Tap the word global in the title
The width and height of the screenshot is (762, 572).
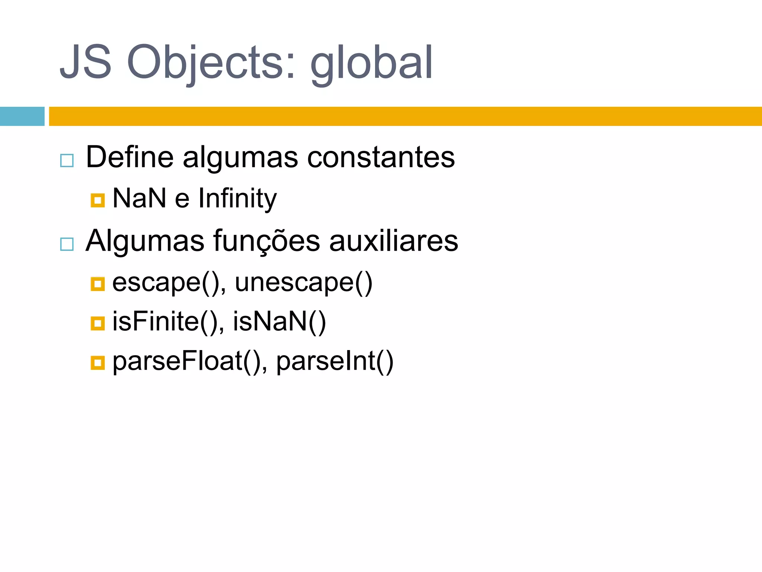click(x=371, y=63)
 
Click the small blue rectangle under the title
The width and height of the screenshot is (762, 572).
click(x=22, y=116)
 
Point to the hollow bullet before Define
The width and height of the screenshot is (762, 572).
click(x=67, y=161)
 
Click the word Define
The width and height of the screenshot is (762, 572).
click(x=129, y=157)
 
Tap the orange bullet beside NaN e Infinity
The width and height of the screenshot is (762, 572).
click(x=97, y=200)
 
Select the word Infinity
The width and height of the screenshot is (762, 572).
click(x=237, y=198)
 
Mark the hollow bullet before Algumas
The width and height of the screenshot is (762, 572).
click(x=67, y=244)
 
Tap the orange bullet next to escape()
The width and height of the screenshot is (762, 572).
click(x=97, y=284)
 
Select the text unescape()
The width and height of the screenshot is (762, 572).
click(x=303, y=283)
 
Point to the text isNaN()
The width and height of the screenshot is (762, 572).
click(x=279, y=321)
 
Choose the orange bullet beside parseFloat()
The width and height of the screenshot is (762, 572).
click(x=97, y=363)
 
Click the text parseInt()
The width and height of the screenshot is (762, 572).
click(x=334, y=361)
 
